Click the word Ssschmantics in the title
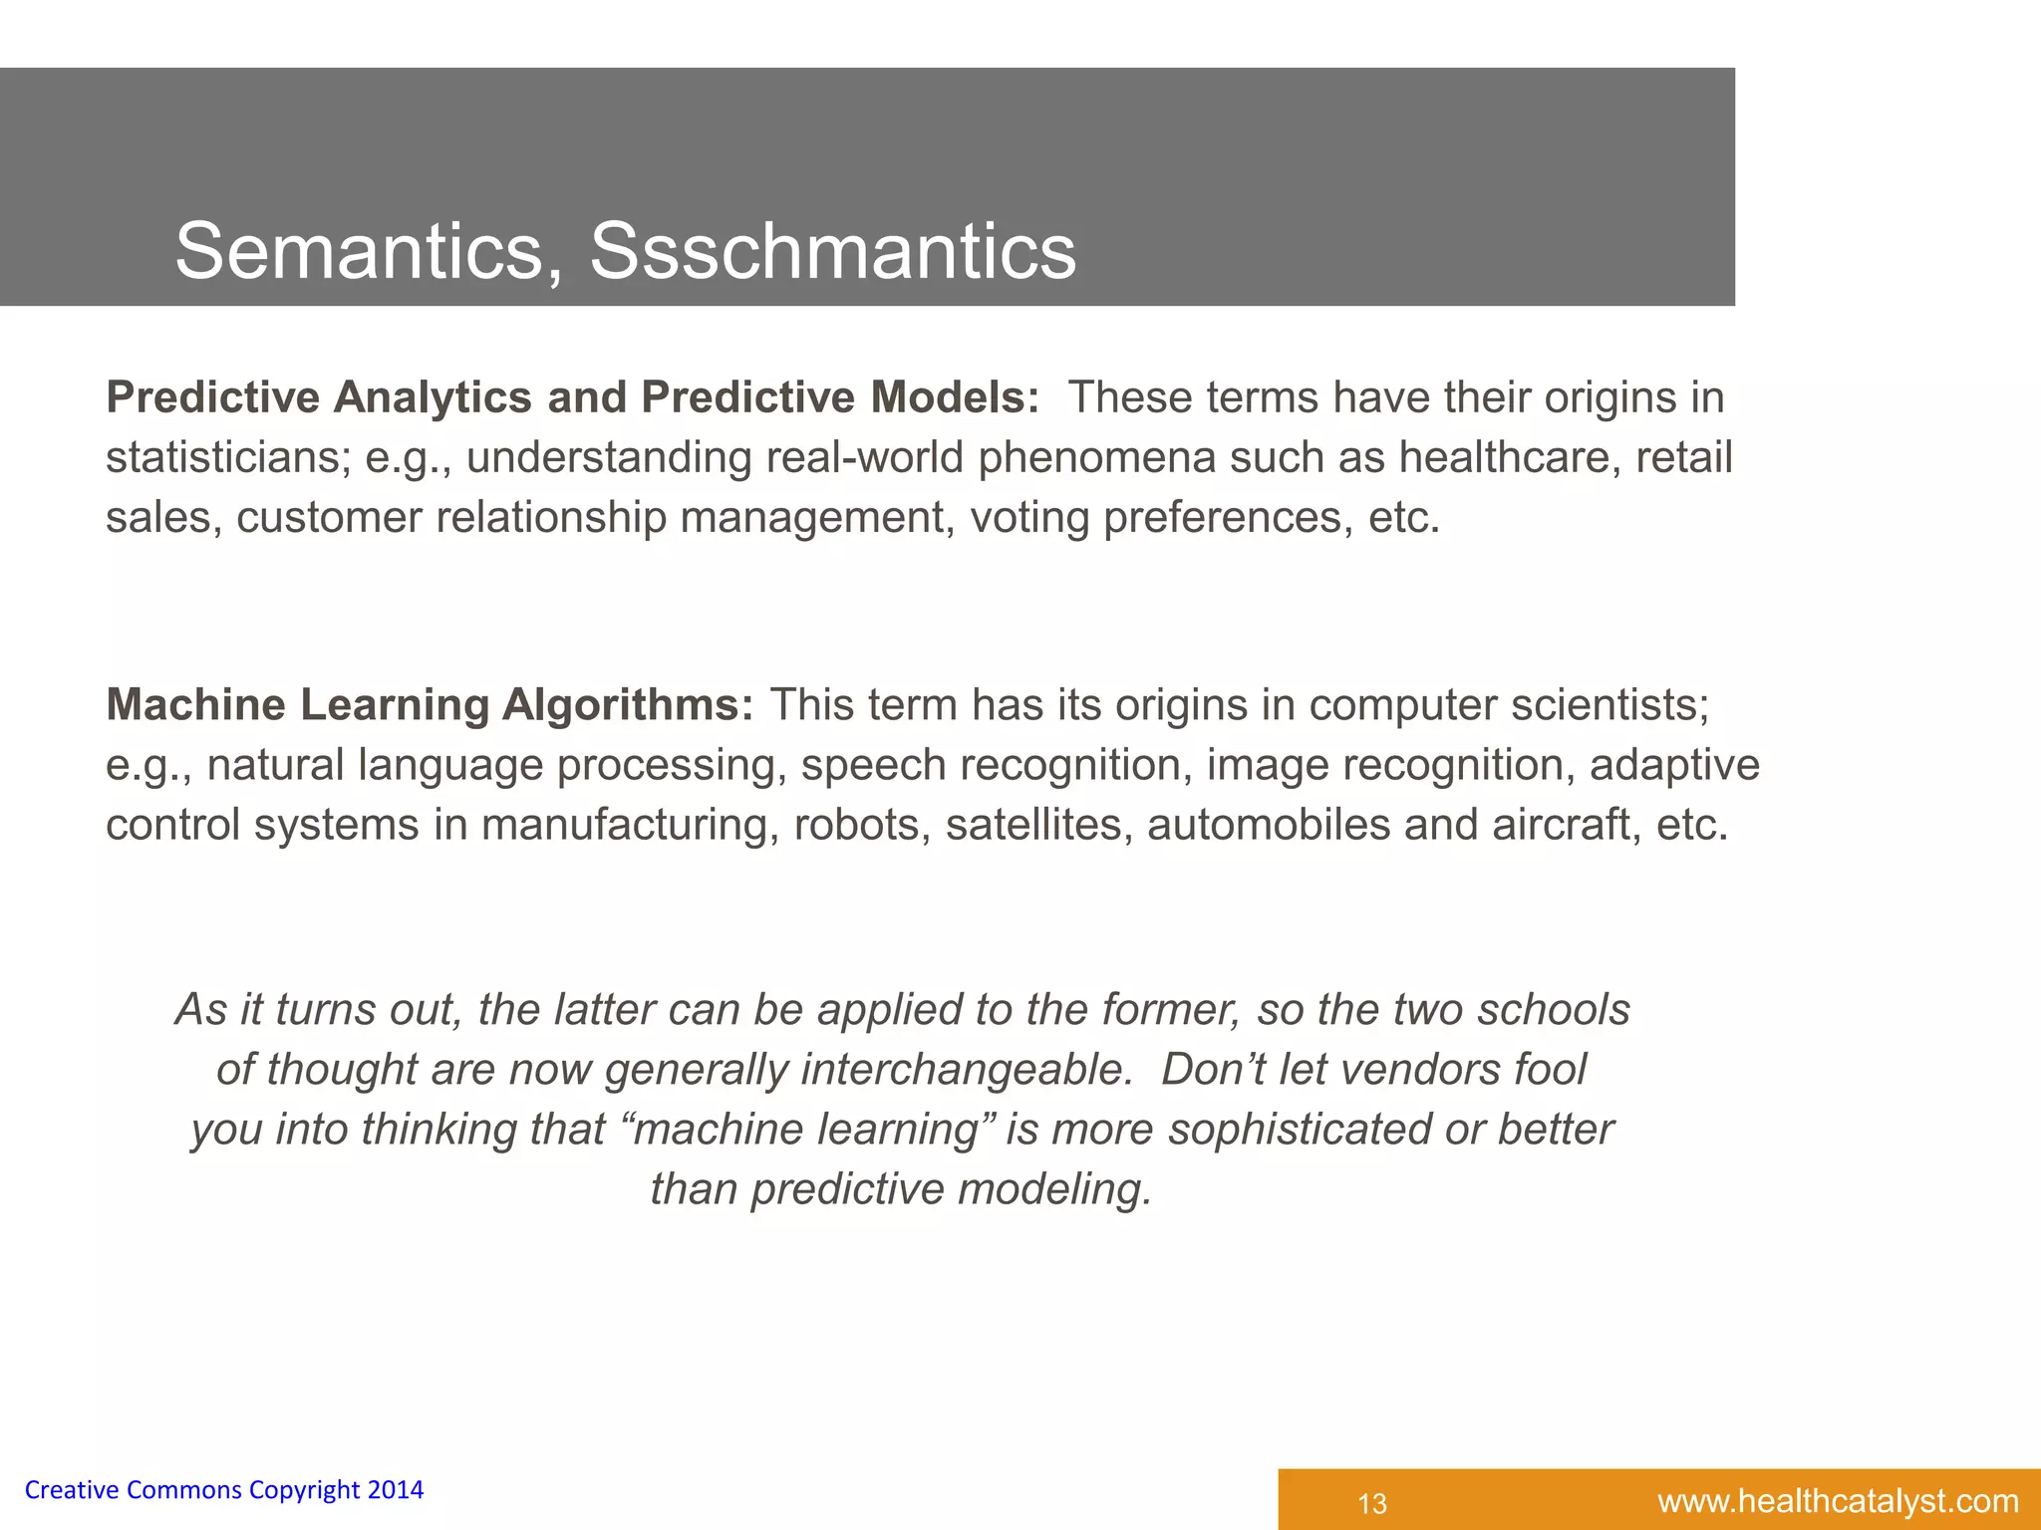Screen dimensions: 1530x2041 832,251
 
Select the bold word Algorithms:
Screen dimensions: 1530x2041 628,705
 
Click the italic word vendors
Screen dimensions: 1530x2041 1419,1070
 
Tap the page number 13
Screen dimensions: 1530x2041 1372,1503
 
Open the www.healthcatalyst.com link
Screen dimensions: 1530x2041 1838,1501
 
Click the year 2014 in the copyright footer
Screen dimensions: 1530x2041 396,1490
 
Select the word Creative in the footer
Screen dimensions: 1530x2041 71,1490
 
